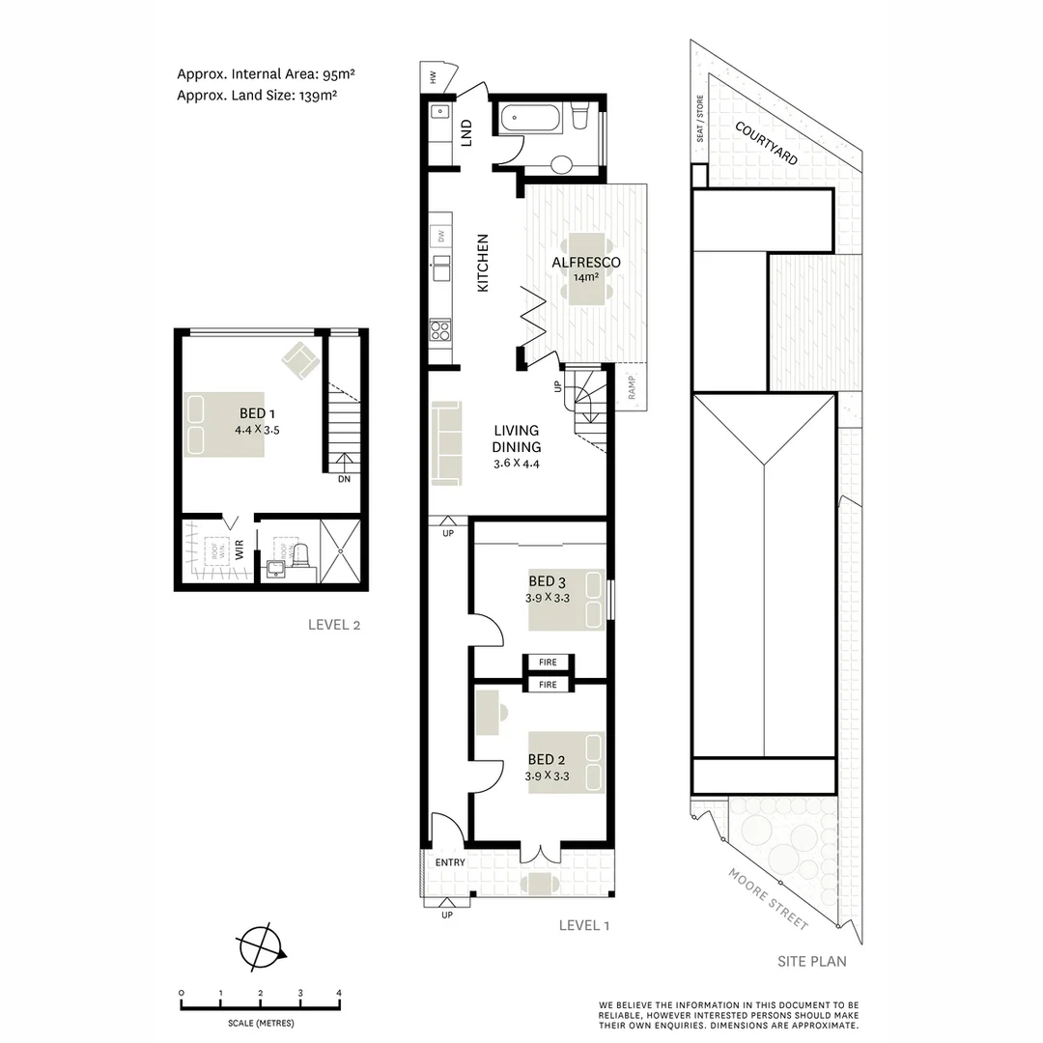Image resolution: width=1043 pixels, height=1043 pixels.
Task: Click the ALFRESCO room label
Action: click(585, 262)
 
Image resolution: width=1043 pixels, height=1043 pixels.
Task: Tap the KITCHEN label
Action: click(484, 263)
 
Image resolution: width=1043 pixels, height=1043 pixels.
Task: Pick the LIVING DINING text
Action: click(517, 438)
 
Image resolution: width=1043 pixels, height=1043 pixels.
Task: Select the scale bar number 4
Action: click(339, 993)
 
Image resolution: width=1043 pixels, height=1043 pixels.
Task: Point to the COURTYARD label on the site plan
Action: click(766, 143)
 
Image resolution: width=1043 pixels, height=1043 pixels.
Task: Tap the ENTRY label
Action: click(450, 862)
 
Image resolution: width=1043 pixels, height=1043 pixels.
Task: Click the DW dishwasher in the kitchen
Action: click(440, 236)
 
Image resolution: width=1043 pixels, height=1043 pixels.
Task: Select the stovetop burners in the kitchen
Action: click(440, 330)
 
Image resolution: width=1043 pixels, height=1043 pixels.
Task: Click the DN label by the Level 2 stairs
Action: click(344, 479)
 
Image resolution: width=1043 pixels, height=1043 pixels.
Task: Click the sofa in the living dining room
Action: click(447, 442)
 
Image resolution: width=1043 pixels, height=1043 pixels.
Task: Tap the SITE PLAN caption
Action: click(812, 961)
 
